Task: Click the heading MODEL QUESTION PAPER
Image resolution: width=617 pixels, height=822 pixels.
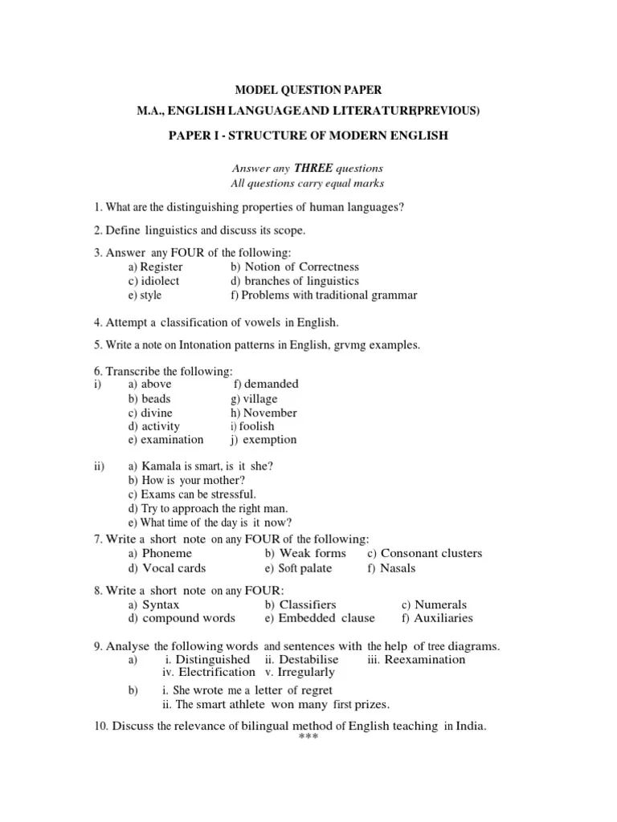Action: (308, 91)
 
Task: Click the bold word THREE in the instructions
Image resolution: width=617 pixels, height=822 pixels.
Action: (309, 168)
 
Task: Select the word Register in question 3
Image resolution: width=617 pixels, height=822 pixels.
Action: (161, 267)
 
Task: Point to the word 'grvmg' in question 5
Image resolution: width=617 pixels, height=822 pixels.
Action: (343, 345)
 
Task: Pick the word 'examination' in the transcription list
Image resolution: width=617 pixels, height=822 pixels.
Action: (172, 440)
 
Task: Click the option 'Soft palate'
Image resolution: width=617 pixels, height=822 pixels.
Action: (304, 568)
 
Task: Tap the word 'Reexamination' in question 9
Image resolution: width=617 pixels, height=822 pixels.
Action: (425, 660)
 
